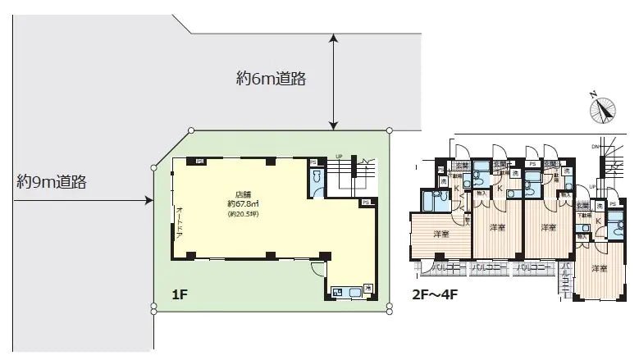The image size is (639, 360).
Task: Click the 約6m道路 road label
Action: tap(271, 79)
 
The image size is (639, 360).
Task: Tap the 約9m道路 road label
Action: tap(51, 182)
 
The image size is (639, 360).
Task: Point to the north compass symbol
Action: tap(605, 109)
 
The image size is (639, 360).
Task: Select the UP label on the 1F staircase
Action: tap(339, 157)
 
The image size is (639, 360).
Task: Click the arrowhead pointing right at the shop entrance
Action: tap(149, 199)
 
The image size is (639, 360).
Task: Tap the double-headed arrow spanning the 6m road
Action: tap(332, 81)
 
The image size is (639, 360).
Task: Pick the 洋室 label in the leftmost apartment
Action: tap(440, 234)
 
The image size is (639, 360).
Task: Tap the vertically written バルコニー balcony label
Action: tap(565, 281)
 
